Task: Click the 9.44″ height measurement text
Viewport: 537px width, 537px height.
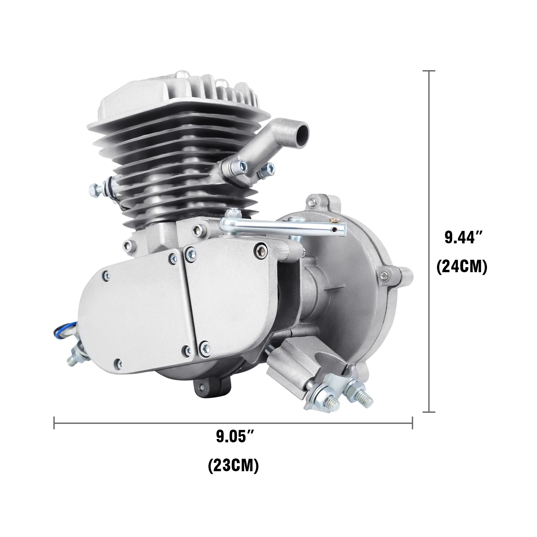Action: (461, 238)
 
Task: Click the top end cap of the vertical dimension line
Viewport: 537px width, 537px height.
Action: (429, 71)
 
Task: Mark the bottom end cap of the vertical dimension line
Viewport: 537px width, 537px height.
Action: (429, 411)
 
